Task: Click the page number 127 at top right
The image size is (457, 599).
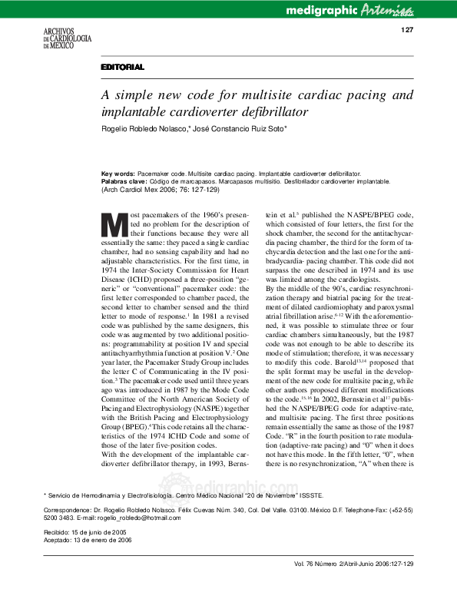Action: [x=408, y=30]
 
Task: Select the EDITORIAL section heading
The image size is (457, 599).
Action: [x=122, y=68]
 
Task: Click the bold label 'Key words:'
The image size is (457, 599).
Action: [x=118, y=174]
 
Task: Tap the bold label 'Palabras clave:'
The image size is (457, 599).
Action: [x=125, y=182]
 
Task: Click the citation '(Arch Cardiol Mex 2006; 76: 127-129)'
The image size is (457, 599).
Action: [x=161, y=190]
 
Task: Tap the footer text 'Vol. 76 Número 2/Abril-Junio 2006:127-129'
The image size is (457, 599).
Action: [x=353, y=585]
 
